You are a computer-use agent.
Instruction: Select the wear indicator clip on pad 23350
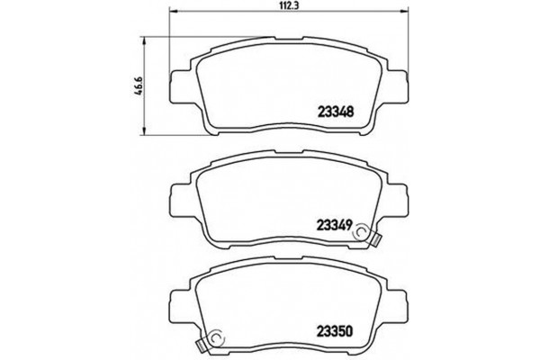[214, 341]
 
